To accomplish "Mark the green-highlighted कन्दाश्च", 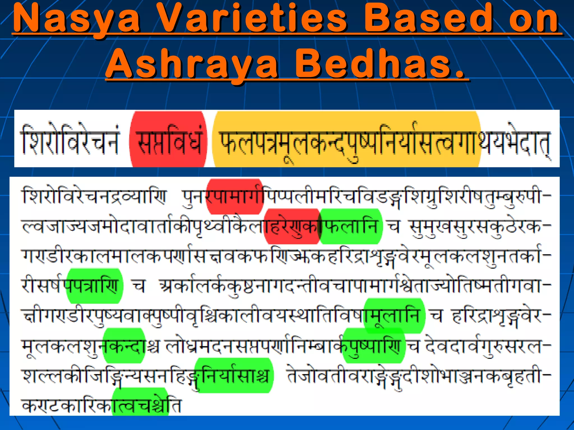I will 124,346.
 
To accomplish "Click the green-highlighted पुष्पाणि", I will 374,346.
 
